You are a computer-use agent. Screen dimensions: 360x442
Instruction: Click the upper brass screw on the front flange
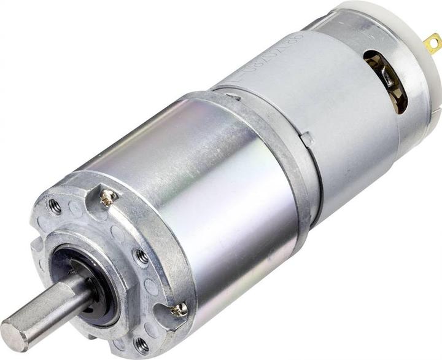(109, 197)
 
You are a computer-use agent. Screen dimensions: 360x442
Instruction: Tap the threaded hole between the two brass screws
(141, 257)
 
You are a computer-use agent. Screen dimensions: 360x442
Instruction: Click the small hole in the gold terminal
(435, 42)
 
